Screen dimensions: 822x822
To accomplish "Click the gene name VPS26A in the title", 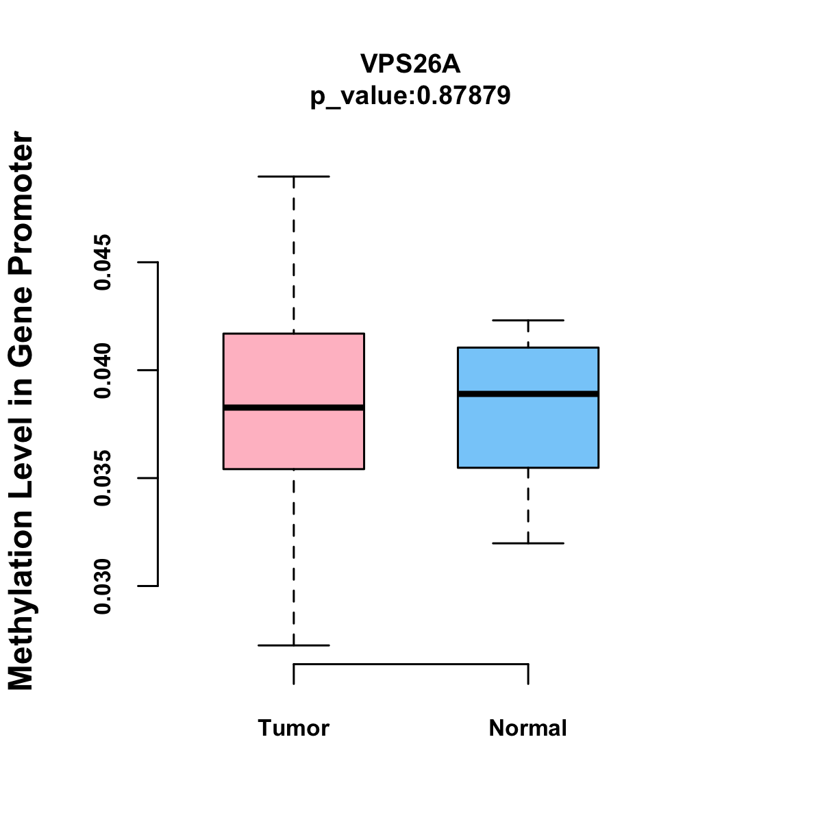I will (410, 64).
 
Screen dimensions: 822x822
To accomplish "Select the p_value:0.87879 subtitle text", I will (410, 96).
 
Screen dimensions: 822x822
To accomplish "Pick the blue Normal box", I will (528, 432).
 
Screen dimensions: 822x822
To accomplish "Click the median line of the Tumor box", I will (293, 408).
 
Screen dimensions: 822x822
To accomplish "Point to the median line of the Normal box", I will (528, 394).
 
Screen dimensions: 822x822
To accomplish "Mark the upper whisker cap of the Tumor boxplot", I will (293, 177).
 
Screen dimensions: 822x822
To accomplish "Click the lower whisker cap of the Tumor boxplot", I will (293, 645).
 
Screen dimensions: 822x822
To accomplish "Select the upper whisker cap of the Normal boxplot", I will (528, 320).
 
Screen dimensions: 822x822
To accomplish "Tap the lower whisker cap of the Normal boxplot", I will (528, 543).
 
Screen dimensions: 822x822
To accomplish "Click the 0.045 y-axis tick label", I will (103, 262).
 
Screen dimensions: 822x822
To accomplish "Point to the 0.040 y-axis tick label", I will (103, 371).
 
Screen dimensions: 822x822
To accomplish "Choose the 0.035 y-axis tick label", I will (103, 478).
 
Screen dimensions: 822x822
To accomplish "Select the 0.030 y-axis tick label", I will (103, 586).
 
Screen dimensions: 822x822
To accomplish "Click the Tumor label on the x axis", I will (293, 728).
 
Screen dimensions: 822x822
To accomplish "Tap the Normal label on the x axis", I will (528, 728).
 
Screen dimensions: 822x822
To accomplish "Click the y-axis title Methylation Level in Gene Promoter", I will (22, 411).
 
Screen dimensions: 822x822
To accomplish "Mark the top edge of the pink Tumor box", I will (293, 334).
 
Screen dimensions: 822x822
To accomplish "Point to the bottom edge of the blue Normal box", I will (528, 468).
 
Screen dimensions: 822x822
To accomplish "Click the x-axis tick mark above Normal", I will (528, 674).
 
